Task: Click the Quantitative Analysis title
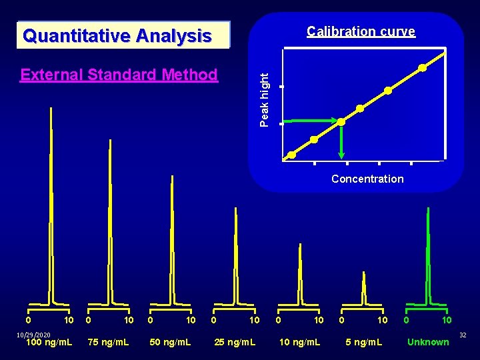(117, 35)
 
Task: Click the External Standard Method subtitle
(119, 75)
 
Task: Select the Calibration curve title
(361, 31)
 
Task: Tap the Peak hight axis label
(265, 99)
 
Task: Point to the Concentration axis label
(367, 179)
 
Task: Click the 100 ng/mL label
(49, 342)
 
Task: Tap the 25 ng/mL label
(234, 342)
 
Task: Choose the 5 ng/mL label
(363, 342)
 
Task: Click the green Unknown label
(428, 342)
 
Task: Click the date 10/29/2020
(33, 334)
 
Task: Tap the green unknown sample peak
(427, 253)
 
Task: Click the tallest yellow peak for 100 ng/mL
(50, 200)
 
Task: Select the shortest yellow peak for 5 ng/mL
(363, 287)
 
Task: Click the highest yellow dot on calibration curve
(423, 67)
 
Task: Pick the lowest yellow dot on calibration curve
(292, 155)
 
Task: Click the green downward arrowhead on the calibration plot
(341, 155)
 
